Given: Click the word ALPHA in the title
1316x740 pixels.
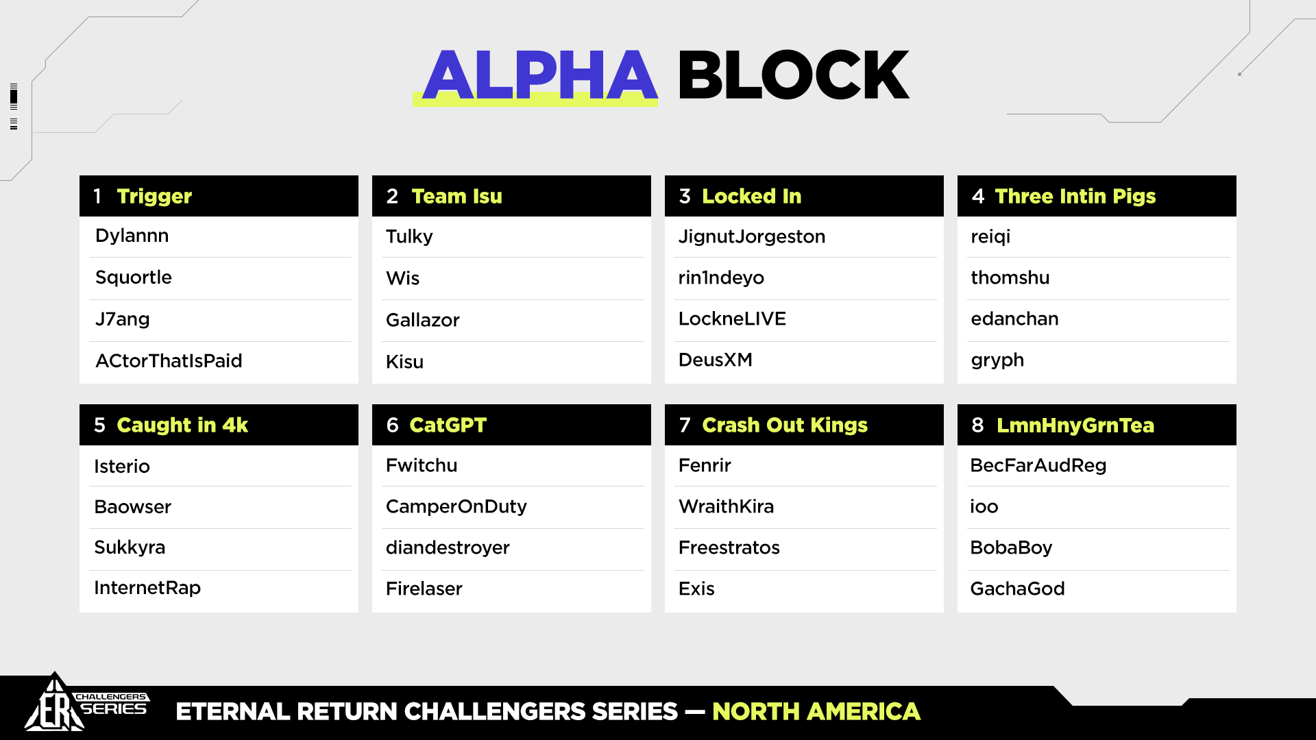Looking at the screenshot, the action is pos(540,75).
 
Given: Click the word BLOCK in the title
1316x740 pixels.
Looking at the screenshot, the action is pos(794,75).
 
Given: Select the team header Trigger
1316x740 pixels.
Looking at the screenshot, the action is pos(154,197).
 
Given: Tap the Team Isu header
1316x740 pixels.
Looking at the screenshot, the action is pos(456,197).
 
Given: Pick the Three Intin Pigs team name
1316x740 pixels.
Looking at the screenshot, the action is pos(1075,197).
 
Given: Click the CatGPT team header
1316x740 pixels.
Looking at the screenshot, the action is pos(448,425).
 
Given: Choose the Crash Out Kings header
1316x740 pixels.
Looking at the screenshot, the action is pos(785,425).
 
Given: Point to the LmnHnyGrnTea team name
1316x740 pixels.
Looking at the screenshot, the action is pos(1075,425).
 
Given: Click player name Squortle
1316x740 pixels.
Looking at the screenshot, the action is pos(134,277).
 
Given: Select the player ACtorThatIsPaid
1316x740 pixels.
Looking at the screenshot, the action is pos(169,361).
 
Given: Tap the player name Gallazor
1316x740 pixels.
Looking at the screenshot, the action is pos(423,320).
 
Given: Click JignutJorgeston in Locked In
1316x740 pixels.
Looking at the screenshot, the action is pos(752,237).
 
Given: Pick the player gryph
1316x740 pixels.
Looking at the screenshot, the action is pos(997,360).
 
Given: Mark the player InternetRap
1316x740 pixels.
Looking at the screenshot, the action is pos(147,588).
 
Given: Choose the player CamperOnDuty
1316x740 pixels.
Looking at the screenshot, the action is pos(456,507).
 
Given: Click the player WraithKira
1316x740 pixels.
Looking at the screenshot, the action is pos(726,506).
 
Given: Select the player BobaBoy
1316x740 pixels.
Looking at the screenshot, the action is pos(1011,548).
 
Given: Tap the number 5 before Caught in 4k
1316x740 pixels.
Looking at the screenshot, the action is pos(99,425).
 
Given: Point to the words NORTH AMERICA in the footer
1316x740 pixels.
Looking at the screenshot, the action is pos(816,712).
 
